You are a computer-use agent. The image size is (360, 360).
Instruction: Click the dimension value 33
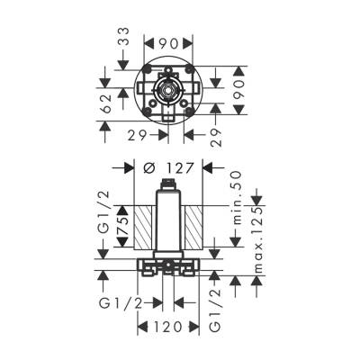(124, 40)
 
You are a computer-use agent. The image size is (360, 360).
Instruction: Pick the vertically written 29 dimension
(216, 136)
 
